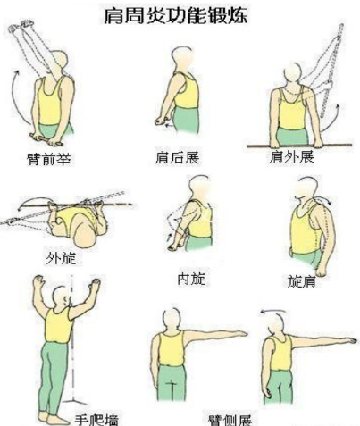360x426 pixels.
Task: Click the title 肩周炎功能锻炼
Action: tap(182, 15)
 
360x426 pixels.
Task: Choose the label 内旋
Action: tap(191, 278)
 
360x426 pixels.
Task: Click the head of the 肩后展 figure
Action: tap(181, 58)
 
